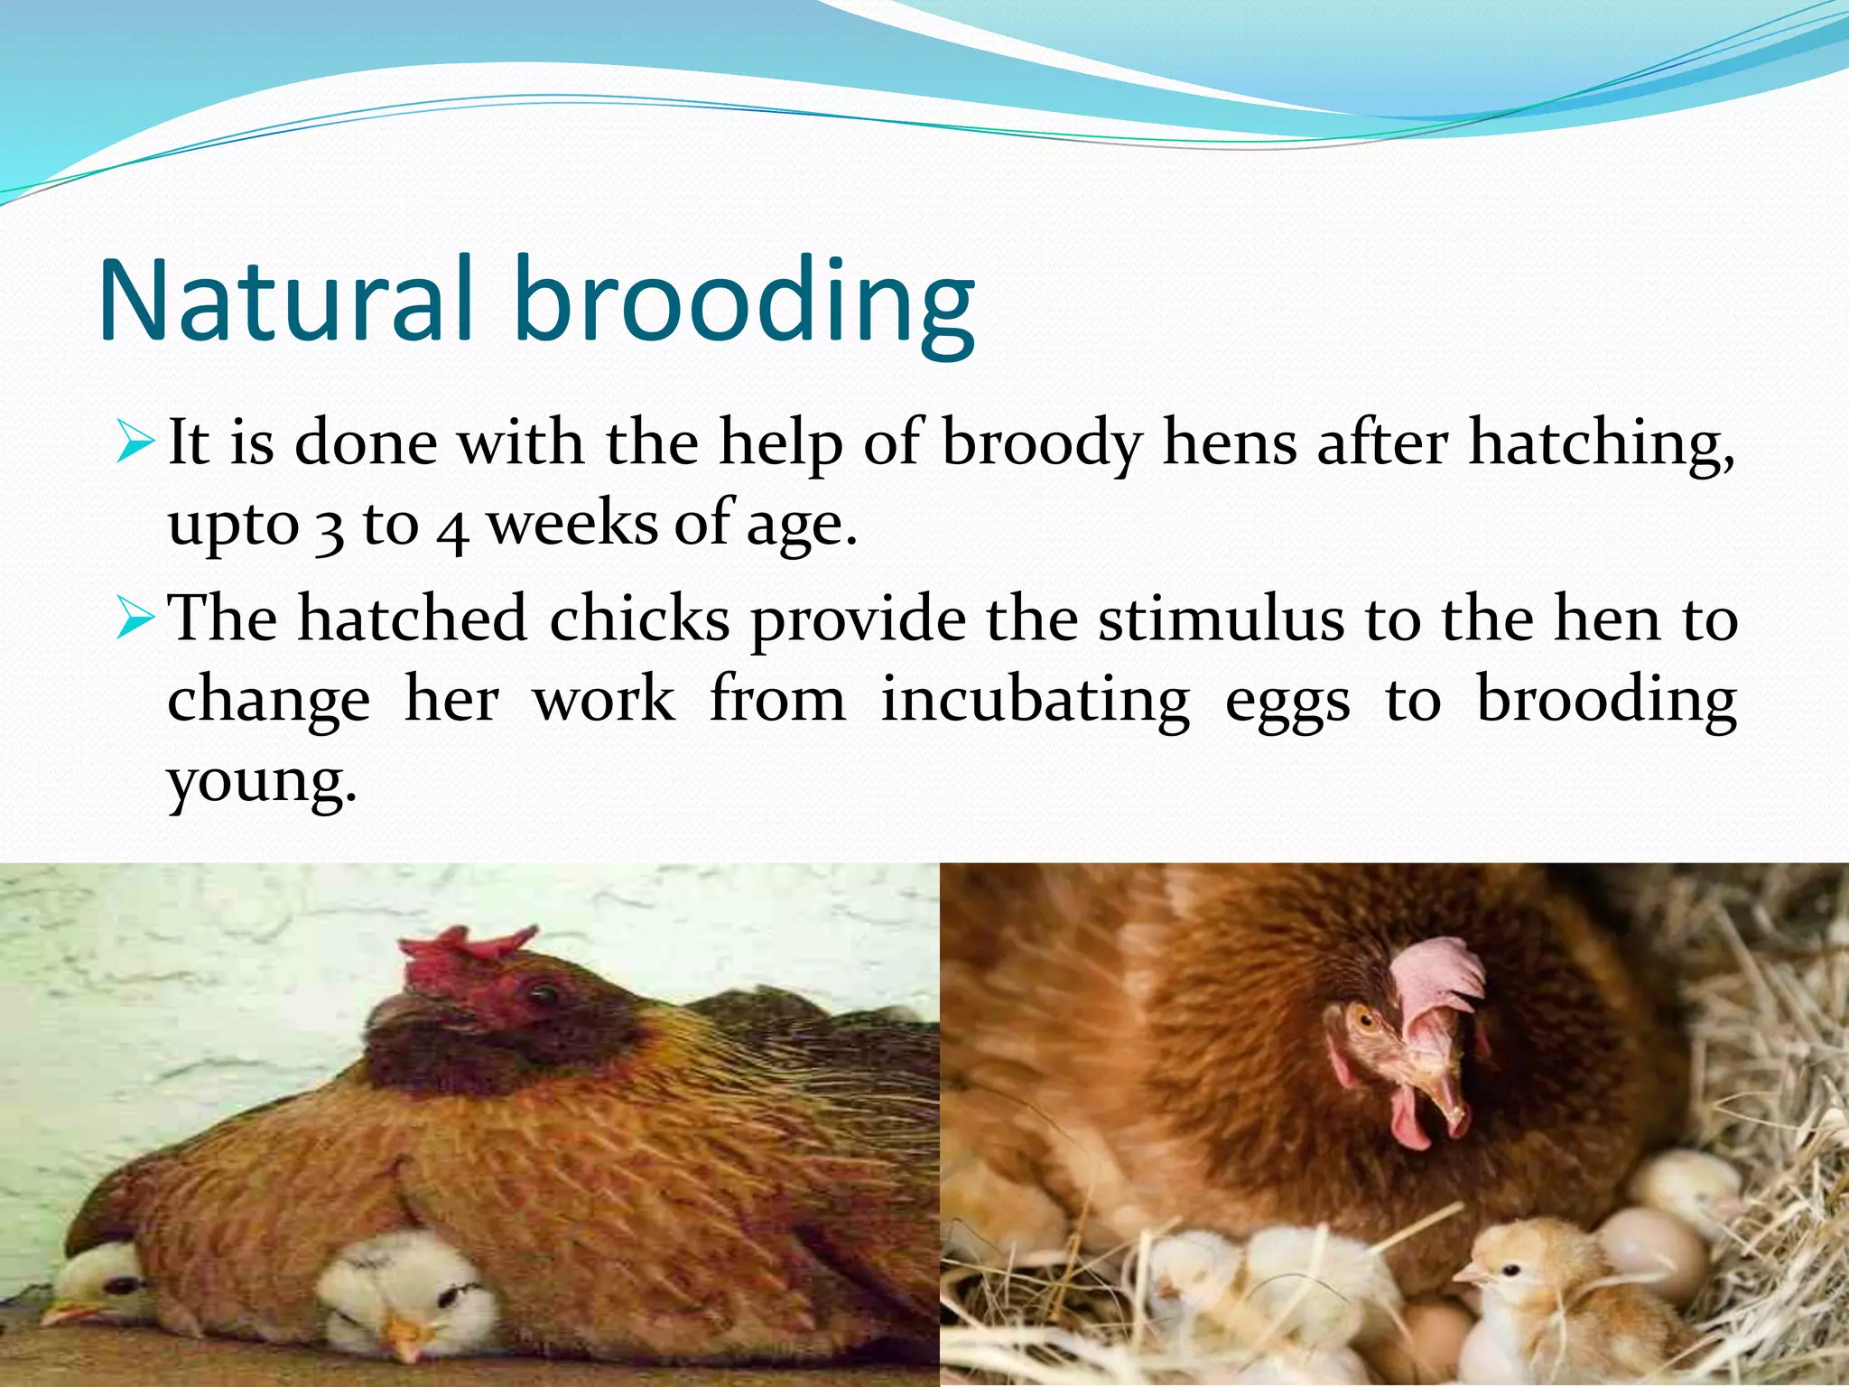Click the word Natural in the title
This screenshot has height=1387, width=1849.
(x=285, y=301)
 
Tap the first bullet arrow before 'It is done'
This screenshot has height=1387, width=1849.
(x=136, y=443)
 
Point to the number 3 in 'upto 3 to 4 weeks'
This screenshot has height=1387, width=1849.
(x=330, y=527)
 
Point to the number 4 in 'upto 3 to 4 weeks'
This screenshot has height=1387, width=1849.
(x=452, y=529)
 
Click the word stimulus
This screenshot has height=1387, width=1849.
(x=1221, y=620)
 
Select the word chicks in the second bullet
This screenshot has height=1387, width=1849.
(x=639, y=620)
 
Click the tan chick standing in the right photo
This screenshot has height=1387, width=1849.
(x=1535, y=1291)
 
